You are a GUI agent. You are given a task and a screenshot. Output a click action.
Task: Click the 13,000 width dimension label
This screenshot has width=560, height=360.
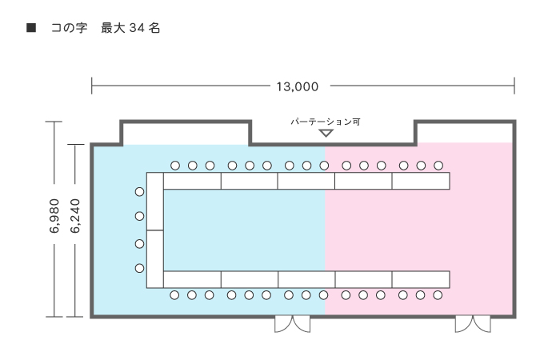click(x=297, y=86)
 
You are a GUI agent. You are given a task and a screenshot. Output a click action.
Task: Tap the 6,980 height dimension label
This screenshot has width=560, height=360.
click(x=54, y=216)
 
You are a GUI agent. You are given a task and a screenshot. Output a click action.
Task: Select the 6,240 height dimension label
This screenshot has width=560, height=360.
click(x=75, y=216)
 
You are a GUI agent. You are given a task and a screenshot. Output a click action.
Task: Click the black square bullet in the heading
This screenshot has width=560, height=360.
click(x=31, y=28)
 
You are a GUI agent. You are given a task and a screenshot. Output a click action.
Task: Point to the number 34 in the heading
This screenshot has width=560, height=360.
click(x=137, y=28)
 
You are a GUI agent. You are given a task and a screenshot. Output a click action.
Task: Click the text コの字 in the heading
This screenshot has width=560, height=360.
click(x=69, y=28)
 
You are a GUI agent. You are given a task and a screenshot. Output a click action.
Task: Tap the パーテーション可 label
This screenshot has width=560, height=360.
click(x=326, y=122)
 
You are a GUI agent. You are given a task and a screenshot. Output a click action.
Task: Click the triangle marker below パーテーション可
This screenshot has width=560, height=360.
click(x=326, y=134)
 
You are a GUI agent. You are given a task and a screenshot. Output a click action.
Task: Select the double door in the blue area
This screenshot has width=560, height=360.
click(x=292, y=323)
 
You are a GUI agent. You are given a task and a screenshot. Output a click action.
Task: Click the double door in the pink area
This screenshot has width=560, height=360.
click(x=473, y=323)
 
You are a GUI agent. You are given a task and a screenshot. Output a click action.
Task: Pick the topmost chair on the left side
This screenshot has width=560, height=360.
click(x=140, y=192)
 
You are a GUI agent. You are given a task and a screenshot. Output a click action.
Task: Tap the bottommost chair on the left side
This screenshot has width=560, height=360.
click(x=140, y=268)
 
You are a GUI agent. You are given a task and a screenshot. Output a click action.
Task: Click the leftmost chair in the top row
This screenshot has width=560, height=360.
click(x=175, y=166)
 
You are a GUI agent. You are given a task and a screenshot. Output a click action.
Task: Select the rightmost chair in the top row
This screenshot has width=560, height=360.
click(x=438, y=166)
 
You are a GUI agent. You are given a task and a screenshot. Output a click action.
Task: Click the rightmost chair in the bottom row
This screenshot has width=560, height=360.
click(x=438, y=295)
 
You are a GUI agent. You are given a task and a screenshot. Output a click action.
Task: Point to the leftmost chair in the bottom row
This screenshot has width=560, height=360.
click(x=174, y=295)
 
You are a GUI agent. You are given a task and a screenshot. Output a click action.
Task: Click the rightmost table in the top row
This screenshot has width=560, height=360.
click(x=421, y=181)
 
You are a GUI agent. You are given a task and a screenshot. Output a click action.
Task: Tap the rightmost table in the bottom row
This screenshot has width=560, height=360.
click(x=421, y=279)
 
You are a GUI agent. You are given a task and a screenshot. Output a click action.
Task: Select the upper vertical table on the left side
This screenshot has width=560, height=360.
click(x=155, y=202)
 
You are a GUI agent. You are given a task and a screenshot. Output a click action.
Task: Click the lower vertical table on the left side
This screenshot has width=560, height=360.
click(x=155, y=259)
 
